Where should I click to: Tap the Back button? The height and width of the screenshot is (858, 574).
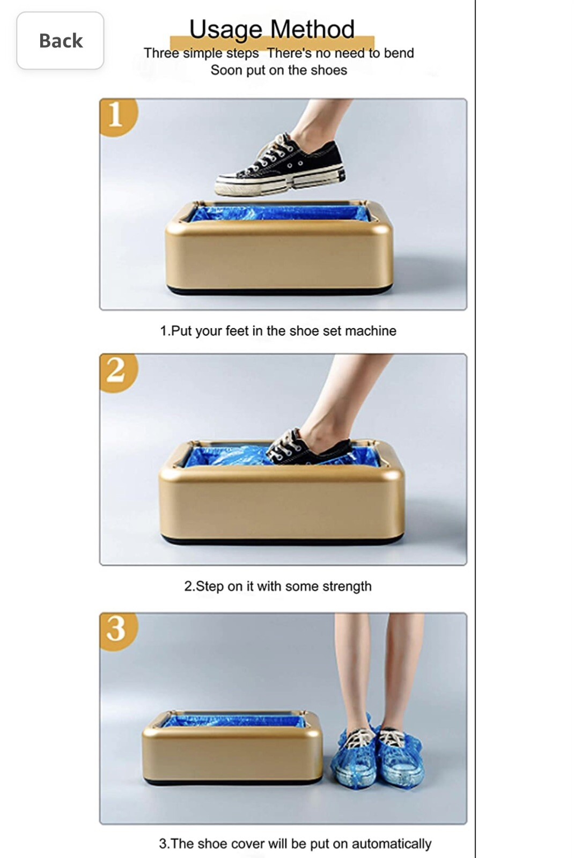point(60,41)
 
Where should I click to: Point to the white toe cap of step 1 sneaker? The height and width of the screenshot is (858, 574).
point(228,184)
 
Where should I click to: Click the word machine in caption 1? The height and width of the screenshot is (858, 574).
point(370,331)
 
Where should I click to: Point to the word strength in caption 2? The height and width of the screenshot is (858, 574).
point(343,586)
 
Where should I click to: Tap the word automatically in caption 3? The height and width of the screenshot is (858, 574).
point(391,844)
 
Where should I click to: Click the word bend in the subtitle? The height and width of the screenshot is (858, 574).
point(399,53)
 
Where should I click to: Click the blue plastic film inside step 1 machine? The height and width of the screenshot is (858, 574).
point(279,213)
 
